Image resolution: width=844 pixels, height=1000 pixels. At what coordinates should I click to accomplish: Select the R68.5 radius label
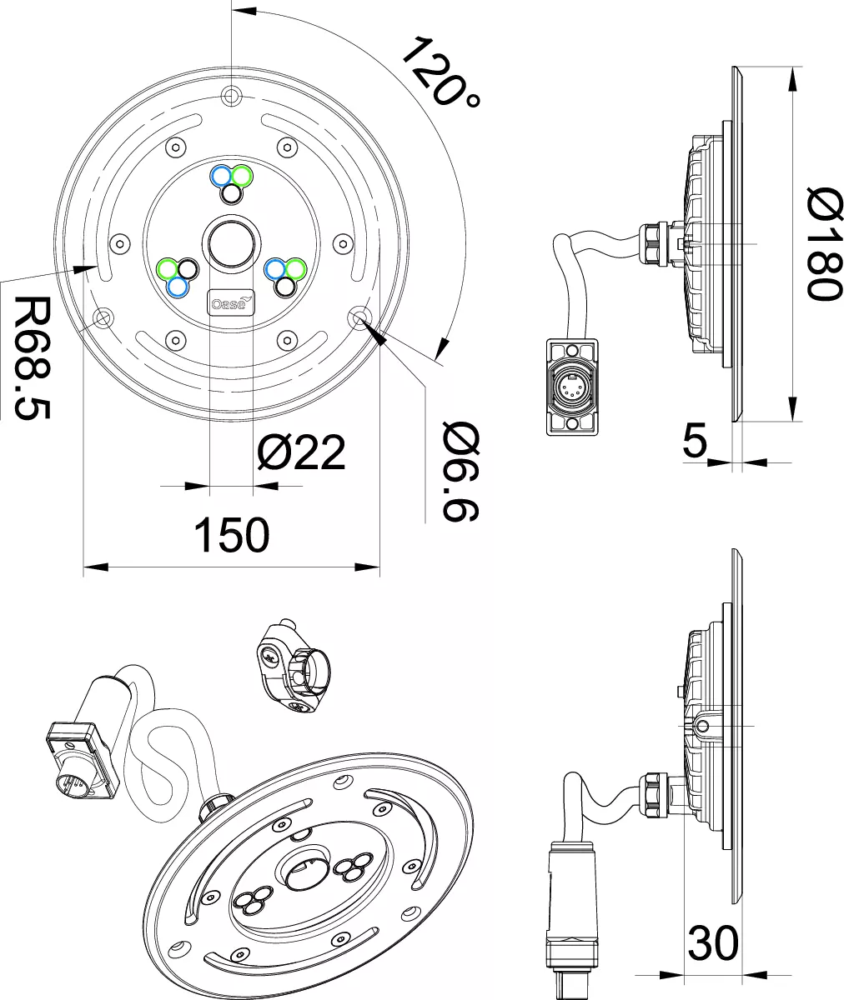point(33,357)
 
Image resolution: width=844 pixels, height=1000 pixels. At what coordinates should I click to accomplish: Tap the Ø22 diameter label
point(301,452)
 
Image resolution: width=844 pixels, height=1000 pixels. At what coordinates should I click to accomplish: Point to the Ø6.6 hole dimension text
point(460,472)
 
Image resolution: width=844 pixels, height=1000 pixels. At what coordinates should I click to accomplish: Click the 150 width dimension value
point(232,534)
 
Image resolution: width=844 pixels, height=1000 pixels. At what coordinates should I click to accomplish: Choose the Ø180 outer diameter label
point(824,244)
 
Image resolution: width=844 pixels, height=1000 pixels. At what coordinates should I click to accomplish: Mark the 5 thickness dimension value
point(695,440)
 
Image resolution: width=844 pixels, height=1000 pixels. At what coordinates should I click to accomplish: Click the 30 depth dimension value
point(713,942)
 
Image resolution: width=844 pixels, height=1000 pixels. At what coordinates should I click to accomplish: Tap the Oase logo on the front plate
point(231,302)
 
